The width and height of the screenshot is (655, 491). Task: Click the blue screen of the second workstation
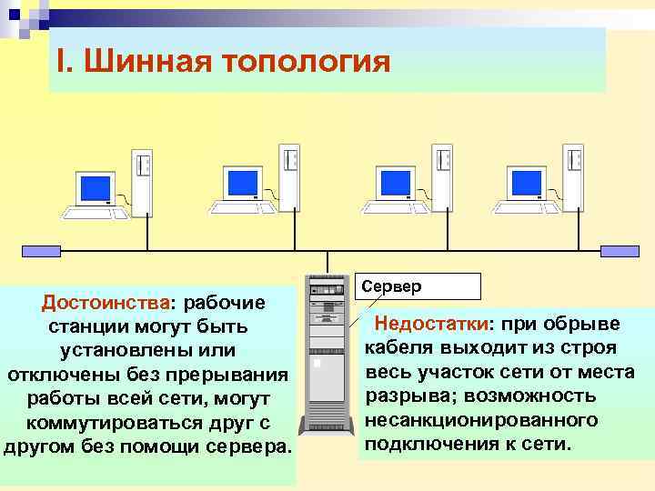[x=242, y=185]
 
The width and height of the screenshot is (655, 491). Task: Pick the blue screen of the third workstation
[x=393, y=185]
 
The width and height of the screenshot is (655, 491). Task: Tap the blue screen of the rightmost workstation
[x=525, y=185]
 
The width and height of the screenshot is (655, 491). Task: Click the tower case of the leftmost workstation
[x=141, y=180]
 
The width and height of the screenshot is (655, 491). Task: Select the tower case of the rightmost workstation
[x=572, y=177]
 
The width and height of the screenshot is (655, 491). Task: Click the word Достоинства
[x=106, y=302]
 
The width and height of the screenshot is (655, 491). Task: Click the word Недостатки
[x=432, y=325]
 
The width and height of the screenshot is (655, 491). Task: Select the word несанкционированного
[x=481, y=420]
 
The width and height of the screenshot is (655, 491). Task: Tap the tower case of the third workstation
[x=441, y=177]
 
